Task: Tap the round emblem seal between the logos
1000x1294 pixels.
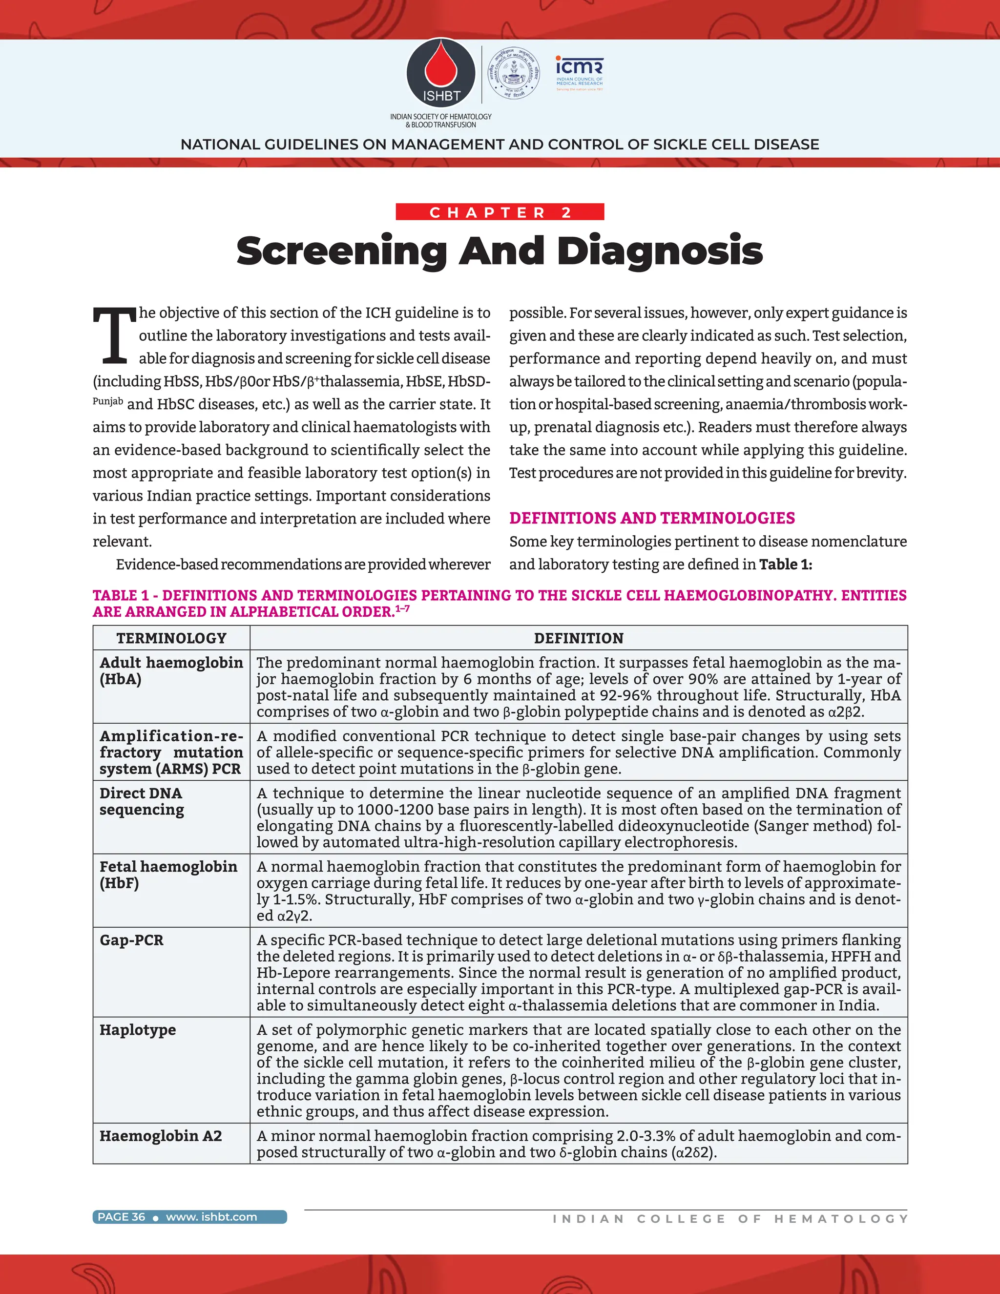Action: pos(513,73)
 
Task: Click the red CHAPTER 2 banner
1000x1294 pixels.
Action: pos(500,212)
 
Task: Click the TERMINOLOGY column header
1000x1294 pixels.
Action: pos(171,638)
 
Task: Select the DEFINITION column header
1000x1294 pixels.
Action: pos(578,638)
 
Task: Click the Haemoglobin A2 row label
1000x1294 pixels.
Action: pos(161,1136)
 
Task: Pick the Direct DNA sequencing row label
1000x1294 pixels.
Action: pos(142,801)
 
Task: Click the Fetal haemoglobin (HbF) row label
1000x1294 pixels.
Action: pos(168,875)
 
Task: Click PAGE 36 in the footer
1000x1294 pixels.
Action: pos(121,1217)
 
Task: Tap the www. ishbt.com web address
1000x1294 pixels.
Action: pos(211,1217)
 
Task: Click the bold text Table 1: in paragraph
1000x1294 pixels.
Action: pos(785,564)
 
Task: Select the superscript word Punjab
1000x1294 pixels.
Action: pos(108,402)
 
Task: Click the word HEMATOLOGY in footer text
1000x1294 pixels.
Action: pos(841,1219)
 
